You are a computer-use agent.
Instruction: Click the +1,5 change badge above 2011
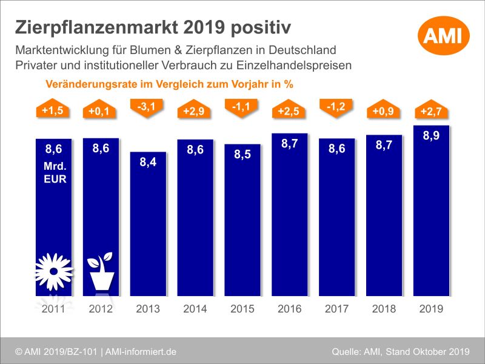tap(54, 110)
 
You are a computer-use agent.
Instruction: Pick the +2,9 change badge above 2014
tap(195, 111)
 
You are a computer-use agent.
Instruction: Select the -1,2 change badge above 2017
tap(337, 107)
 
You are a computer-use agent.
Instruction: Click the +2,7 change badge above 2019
tap(431, 111)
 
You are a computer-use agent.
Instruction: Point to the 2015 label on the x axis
tap(242, 309)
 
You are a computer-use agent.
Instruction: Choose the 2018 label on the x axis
tap(384, 309)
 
